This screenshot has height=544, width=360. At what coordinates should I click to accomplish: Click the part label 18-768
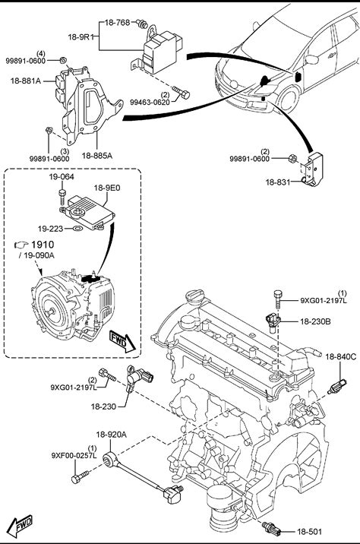pos(117,23)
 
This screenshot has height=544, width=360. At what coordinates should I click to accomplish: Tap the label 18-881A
pos(26,81)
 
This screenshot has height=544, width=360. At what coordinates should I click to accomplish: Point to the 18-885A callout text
pos(97,156)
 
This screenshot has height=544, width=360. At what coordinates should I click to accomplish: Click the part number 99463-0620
pos(150,102)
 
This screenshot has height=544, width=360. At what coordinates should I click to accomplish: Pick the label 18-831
pos(278,182)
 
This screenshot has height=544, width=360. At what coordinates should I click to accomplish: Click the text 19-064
pos(62,176)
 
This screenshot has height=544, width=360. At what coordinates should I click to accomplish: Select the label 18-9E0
pos(107,188)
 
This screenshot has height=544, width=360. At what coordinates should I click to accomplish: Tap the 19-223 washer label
pos(51,229)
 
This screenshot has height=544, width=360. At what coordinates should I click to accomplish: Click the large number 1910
pos(43,245)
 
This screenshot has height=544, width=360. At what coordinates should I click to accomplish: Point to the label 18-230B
pos(315,321)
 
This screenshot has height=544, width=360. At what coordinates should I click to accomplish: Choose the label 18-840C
pos(340,356)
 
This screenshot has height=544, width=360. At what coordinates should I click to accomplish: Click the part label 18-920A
pos(112,434)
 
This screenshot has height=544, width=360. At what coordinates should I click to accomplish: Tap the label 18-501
pos(309,531)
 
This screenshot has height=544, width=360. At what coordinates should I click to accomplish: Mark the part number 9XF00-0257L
pos(74,455)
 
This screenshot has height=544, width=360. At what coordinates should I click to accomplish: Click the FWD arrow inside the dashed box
pos(122,341)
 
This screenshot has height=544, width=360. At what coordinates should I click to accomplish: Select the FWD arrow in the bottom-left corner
pos(20,526)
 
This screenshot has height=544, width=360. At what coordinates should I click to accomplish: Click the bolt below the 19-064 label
pos(62,197)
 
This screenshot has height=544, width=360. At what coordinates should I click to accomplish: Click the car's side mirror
pos(311,59)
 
